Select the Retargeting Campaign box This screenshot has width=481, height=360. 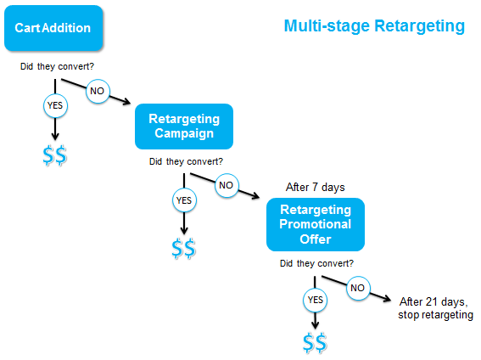pyautogui.click(x=183, y=126)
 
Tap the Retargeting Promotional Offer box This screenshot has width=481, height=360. pyautogui.click(x=315, y=225)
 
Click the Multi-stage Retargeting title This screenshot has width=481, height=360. pyautogui.click(x=373, y=26)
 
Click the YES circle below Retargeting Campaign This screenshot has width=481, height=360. pyautogui.click(x=184, y=201)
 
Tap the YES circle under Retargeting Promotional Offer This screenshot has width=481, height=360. pyautogui.click(x=315, y=299)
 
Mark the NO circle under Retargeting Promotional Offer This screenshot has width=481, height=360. pyautogui.click(x=358, y=288)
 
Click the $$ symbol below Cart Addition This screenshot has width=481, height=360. pyautogui.click(x=54, y=155)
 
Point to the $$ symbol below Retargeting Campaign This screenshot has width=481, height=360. pyautogui.click(x=184, y=249)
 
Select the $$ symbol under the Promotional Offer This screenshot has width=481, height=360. pyautogui.click(x=315, y=342)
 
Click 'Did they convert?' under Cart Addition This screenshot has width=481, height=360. pyautogui.click(x=56, y=66)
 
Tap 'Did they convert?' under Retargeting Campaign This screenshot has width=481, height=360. pyautogui.click(x=186, y=161)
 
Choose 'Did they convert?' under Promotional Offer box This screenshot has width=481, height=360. pyautogui.click(x=316, y=263)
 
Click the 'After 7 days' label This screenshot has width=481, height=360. pyautogui.click(x=315, y=187)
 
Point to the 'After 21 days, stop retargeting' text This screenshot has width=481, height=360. pyautogui.click(x=435, y=308)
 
